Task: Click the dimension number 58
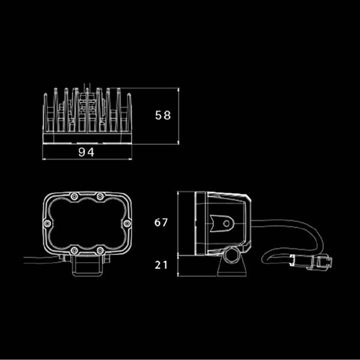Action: pyautogui.click(x=163, y=115)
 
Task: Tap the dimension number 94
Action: pyautogui.click(x=86, y=152)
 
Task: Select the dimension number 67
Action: pyautogui.click(x=161, y=223)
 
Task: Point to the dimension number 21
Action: pyautogui.click(x=161, y=265)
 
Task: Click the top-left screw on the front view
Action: pyautogui.click(x=74, y=196)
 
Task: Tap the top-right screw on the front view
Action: pyautogui.click(x=100, y=196)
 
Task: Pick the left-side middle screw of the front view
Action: pyautogui.click(x=47, y=223)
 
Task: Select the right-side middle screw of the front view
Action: pyautogui.click(x=127, y=223)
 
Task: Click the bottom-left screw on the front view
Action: pyautogui.click(x=74, y=250)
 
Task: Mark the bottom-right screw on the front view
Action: pyautogui.click(x=100, y=250)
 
